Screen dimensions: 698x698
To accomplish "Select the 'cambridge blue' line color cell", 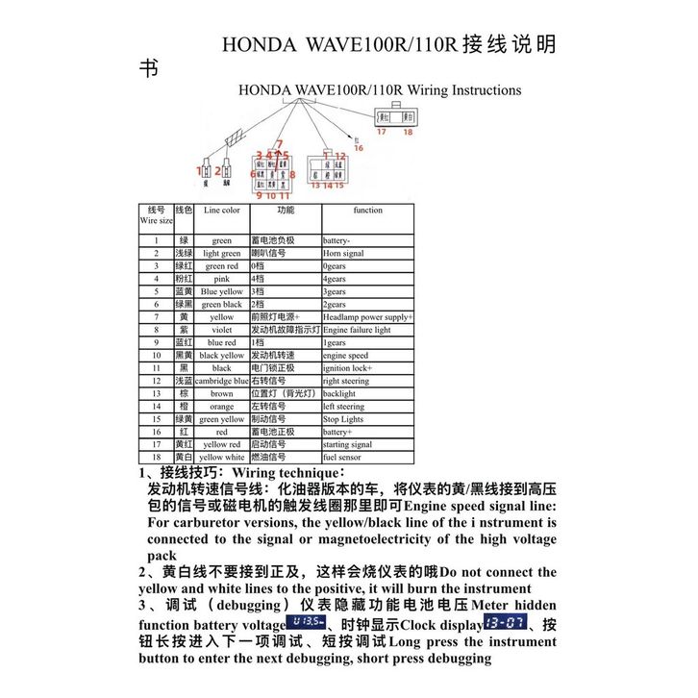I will coord(222,381).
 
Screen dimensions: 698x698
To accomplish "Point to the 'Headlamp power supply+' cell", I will coord(367,317).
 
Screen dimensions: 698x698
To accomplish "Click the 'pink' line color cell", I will coord(222,279).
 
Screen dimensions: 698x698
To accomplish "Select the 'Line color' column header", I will coord(222,210).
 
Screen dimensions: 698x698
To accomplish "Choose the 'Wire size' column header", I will coord(156,215).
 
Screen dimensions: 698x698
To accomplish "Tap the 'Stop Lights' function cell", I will coord(343,419).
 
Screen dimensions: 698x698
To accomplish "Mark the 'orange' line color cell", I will coord(222,407).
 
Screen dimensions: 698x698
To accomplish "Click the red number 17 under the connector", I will coord(381,133).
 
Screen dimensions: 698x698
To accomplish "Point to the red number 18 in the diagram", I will coord(408,133).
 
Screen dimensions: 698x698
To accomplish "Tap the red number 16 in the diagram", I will coord(359,148).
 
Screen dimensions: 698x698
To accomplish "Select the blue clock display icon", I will coord(506,623).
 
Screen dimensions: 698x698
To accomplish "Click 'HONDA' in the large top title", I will coord(259,45).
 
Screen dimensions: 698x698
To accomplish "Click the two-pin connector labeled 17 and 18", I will coord(395,116).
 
